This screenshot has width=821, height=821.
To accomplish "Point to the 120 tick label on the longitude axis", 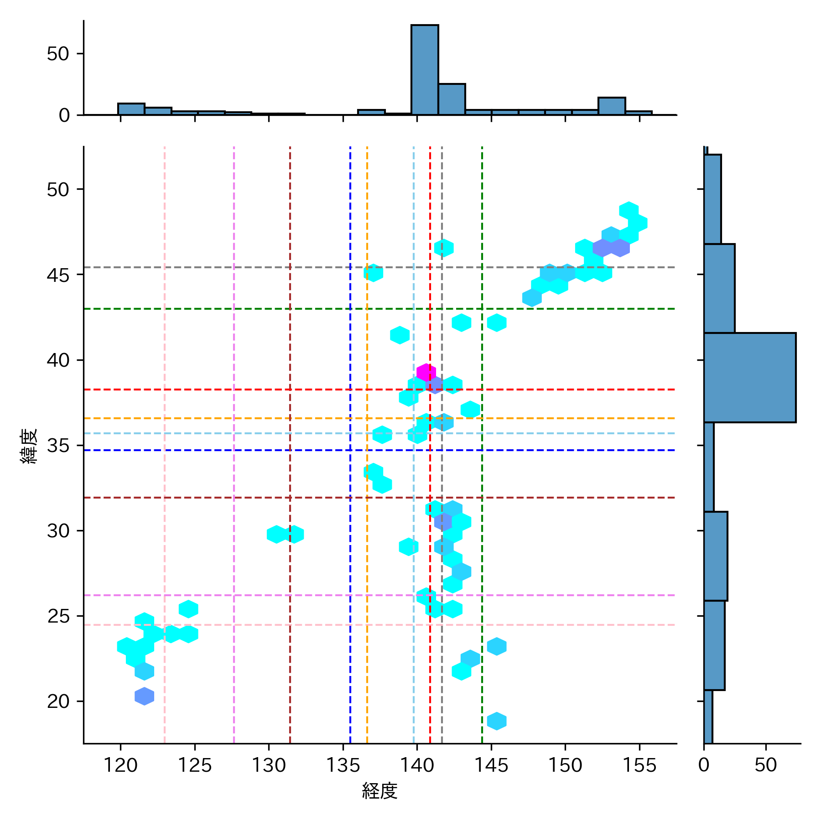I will pyautogui.click(x=120, y=765).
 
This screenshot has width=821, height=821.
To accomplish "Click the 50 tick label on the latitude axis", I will pyautogui.click(x=58, y=189).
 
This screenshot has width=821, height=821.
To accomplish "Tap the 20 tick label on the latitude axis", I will pyautogui.click(x=58, y=701).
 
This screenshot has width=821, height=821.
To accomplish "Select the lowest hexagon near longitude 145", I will pyautogui.click(x=497, y=721).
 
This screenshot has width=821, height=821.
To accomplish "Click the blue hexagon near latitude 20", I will pyautogui.click(x=145, y=696).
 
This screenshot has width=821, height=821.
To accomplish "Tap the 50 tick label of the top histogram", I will pyautogui.click(x=58, y=54).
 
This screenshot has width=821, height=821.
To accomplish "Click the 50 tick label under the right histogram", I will pyautogui.click(x=765, y=765).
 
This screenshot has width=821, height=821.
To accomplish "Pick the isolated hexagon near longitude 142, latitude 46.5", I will pyautogui.click(x=444, y=248).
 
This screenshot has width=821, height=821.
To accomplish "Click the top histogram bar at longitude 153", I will pyautogui.click(x=612, y=106).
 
